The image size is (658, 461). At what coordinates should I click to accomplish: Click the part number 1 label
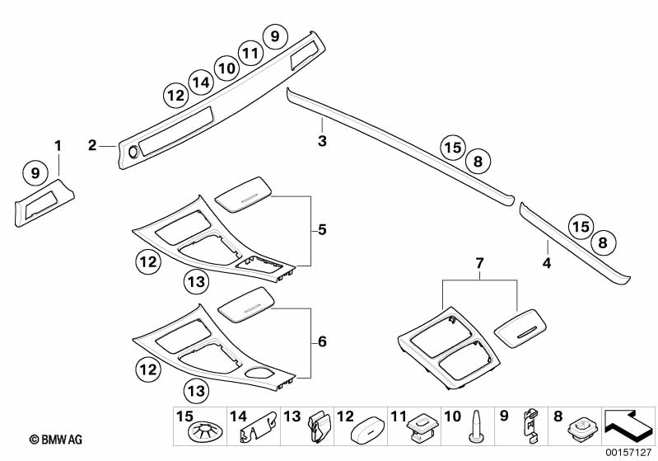58,146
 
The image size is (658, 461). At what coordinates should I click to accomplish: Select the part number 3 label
323,142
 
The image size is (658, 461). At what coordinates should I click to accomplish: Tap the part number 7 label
480,262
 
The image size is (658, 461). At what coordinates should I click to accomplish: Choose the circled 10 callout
226,67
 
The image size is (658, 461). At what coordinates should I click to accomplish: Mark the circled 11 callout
250,53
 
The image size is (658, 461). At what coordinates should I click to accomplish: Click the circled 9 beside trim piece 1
35,173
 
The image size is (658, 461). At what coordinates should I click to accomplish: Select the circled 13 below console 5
194,283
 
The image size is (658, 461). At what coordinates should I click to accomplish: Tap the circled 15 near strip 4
581,225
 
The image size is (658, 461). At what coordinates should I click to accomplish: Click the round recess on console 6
259,373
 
